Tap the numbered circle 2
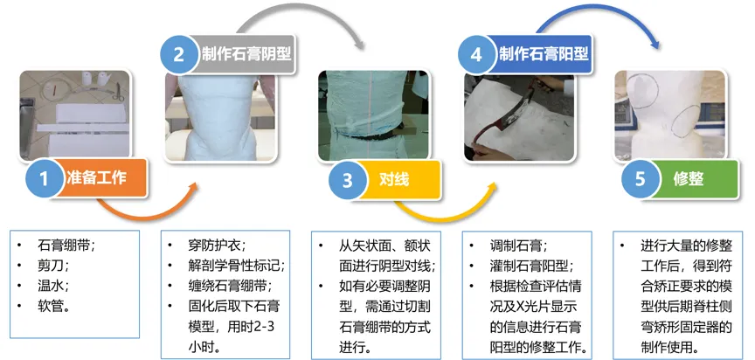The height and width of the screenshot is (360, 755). tap(179, 54)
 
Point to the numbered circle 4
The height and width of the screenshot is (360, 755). tap(476, 54)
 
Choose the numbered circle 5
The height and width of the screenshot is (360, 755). tap(641, 180)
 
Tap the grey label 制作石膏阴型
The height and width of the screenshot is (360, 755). tap(244, 54)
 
